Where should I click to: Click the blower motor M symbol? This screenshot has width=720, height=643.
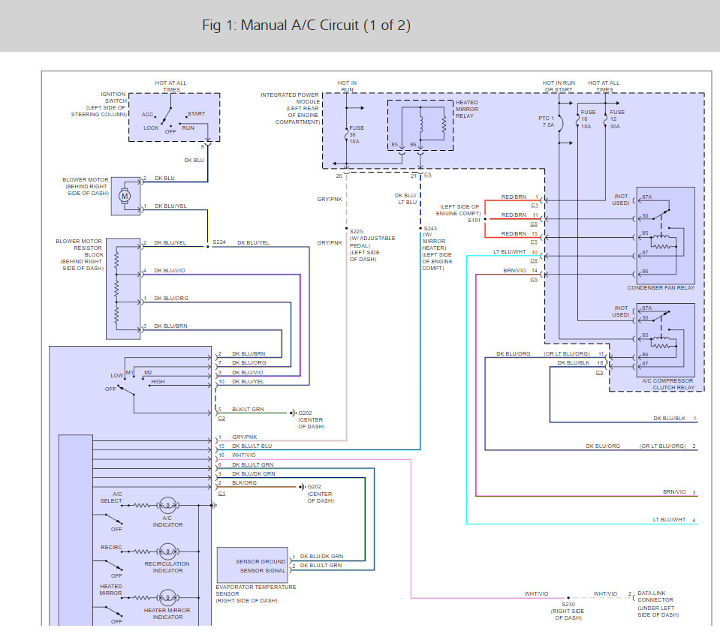tap(125, 197)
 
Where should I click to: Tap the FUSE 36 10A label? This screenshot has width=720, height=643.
tap(357, 135)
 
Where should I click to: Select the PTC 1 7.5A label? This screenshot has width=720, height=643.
tap(547, 122)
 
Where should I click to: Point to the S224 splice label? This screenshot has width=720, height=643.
tap(219, 242)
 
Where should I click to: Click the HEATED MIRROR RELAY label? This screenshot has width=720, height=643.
tap(467, 110)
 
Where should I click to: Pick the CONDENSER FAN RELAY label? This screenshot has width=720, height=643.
tap(661, 288)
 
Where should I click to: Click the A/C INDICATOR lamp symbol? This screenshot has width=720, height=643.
tap(167, 505)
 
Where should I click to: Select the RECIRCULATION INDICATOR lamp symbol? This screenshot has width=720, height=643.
tap(167, 551)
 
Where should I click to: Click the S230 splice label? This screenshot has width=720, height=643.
tap(568, 605)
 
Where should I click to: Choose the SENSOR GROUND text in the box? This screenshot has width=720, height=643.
tap(261, 561)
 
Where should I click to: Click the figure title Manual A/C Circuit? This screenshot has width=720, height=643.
tap(306, 26)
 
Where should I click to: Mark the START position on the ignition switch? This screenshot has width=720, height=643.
tap(196, 114)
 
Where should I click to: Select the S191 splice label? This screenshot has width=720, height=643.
tap(474, 221)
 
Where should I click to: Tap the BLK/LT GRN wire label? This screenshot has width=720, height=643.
tap(248, 409)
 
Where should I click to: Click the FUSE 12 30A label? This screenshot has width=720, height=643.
tap(616, 119)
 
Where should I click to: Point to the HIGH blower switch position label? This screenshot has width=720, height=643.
tap(158, 381)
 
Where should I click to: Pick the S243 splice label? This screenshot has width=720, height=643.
tap(430, 229)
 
